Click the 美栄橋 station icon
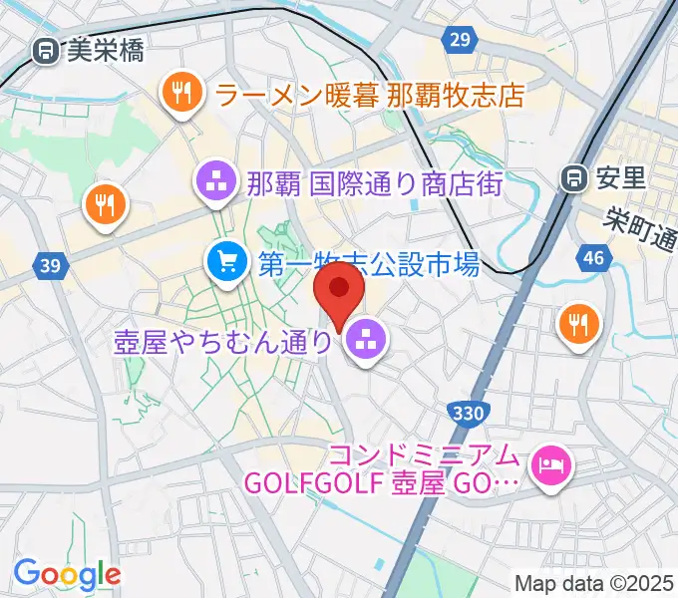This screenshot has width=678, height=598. (x=45, y=51)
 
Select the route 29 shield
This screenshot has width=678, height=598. (x=458, y=38)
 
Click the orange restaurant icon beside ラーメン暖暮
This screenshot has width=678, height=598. (x=180, y=94)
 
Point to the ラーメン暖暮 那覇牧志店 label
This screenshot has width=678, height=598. (x=369, y=95)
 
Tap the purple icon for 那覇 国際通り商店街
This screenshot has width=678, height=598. (x=214, y=181)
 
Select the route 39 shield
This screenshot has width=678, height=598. (x=52, y=265)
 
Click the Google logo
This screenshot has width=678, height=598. (x=67, y=574)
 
